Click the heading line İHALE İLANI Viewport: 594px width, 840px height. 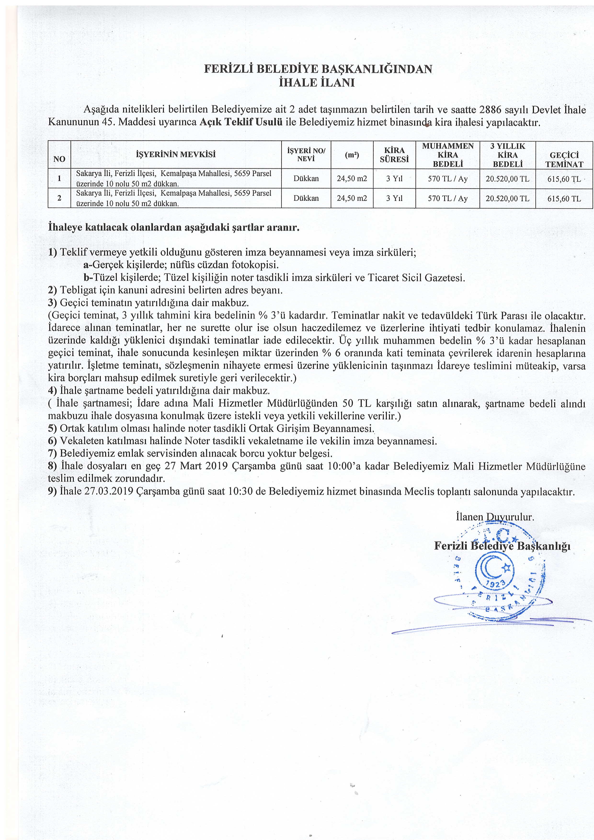(317, 83)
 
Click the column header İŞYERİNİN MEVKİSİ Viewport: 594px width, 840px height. (176, 154)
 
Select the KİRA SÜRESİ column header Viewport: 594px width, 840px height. (394, 155)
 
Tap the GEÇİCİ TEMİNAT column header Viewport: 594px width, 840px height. (564, 159)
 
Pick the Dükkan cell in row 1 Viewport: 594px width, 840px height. (306, 179)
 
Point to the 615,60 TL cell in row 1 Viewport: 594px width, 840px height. (564, 179)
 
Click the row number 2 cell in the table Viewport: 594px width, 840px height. (59, 198)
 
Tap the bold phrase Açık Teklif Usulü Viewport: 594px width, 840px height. (241, 122)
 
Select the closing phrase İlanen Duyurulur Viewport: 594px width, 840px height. (495, 517)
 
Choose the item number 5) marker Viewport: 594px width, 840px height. (52, 428)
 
